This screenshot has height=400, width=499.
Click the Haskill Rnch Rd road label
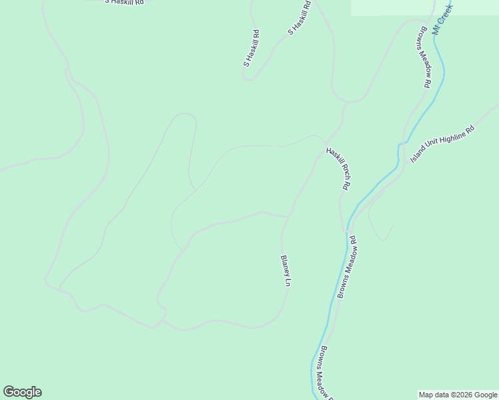point(339,169)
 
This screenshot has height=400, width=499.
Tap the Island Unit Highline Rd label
point(442,143)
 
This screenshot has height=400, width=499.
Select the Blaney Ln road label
point(285,271)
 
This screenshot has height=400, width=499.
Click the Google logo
point(22,392)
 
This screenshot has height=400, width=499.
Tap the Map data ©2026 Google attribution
point(458,395)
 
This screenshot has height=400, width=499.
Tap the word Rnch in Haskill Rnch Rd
point(343,175)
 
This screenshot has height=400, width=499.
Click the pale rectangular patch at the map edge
point(424,7)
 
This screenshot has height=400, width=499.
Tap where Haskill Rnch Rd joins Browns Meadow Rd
point(347,230)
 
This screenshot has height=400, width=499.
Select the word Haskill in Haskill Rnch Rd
point(334,158)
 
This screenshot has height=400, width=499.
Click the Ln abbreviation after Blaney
point(288,283)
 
